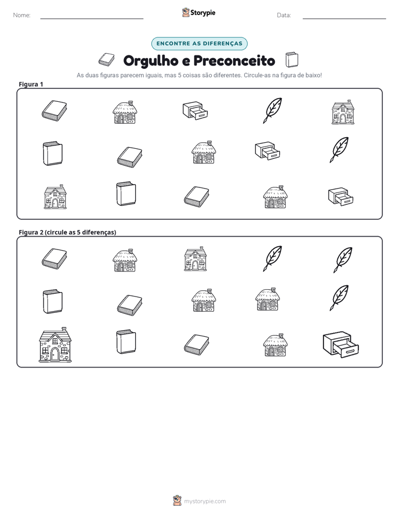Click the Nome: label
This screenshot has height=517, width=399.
tap(22, 15)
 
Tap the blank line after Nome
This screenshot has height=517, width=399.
tap(92, 19)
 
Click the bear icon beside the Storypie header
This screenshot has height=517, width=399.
tap(186, 12)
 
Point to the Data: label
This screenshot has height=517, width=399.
tap(284, 15)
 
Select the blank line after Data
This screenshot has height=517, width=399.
tap(344, 19)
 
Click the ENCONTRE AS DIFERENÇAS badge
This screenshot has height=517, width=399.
tap(199, 44)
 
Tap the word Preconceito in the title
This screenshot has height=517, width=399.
tap(234, 60)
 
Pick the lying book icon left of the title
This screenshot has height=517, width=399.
tap(106, 60)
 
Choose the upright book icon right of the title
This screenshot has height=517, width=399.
tap(292, 60)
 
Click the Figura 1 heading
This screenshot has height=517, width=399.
tap(31, 84)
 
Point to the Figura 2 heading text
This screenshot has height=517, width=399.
tap(68, 232)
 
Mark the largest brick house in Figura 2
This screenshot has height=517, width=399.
tap(55, 345)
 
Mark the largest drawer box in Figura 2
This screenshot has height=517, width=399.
tap(341, 345)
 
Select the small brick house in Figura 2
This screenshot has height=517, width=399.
tap(196, 259)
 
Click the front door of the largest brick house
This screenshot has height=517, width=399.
tap(55, 354)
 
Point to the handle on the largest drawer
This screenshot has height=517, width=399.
tap(350, 352)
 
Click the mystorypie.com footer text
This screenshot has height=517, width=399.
tap(205, 501)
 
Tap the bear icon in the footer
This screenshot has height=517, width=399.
tap(177, 501)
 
